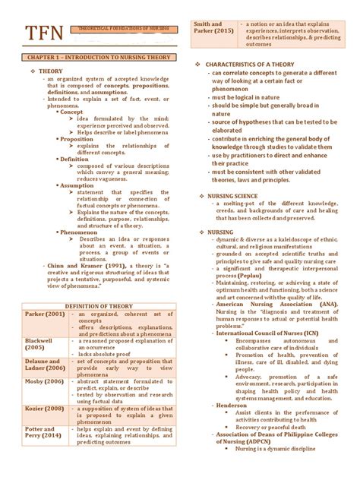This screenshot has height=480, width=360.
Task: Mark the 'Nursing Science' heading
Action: (x=232, y=195)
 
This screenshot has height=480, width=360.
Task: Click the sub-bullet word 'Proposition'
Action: (x=77, y=139)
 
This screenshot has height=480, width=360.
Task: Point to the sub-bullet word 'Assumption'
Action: (x=77, y=185)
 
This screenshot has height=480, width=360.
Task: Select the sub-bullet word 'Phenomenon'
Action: (x=80, y=231)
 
